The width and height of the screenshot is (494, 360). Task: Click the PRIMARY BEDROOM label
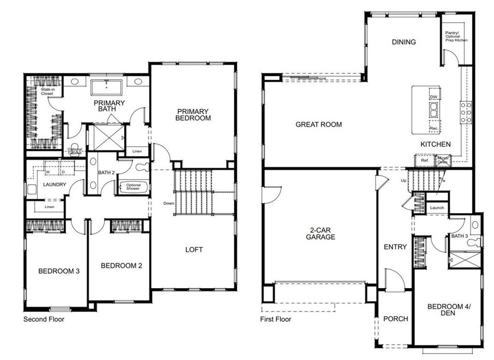193,114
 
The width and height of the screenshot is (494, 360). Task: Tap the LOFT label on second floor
194,249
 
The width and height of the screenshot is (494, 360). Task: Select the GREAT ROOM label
318,125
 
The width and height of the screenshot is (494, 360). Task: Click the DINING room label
403,42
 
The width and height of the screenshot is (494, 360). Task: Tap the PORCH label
395,319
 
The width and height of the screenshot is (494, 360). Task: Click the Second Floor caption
44,319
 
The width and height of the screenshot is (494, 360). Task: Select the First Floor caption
275,319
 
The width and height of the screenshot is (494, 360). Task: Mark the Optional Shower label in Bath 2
133,187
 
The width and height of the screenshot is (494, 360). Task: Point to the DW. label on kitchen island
433,97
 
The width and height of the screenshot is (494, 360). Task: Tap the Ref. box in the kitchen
425,160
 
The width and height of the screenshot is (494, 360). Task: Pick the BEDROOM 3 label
59,271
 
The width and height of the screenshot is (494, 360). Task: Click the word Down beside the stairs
168,203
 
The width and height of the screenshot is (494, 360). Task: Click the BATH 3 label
459,236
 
